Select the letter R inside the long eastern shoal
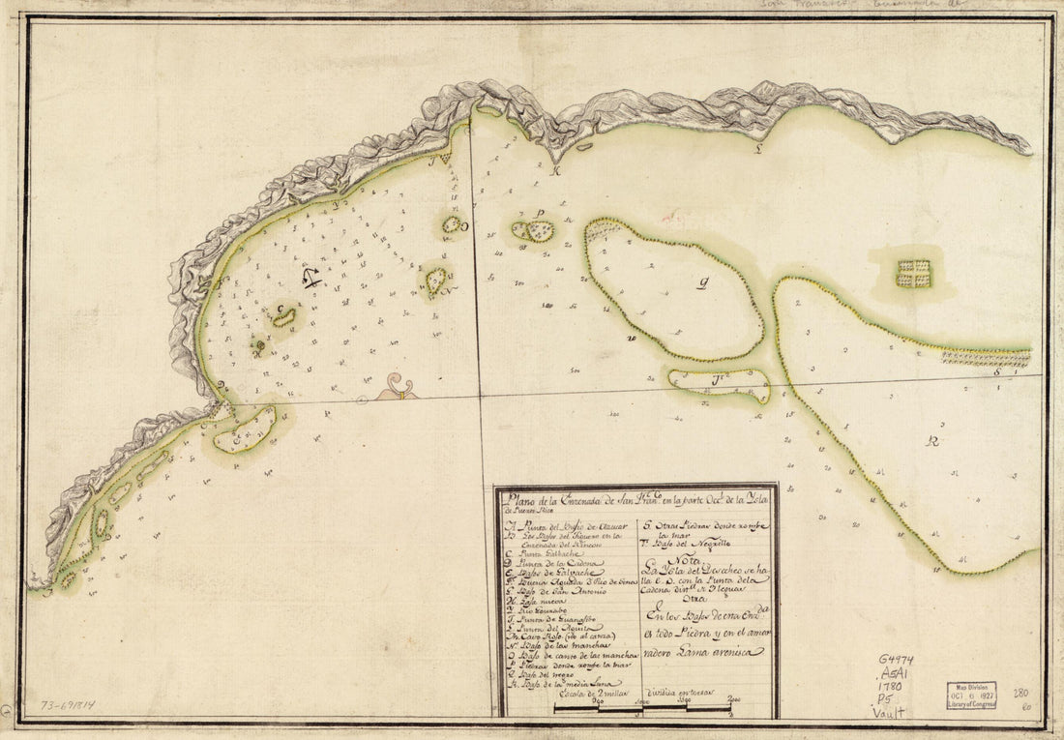point(932,441)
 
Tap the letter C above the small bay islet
point(281,310)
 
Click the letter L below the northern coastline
point(759,150)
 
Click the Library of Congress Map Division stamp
point(970,696)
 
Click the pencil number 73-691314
point(74,706)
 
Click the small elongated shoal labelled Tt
point(720,382)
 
